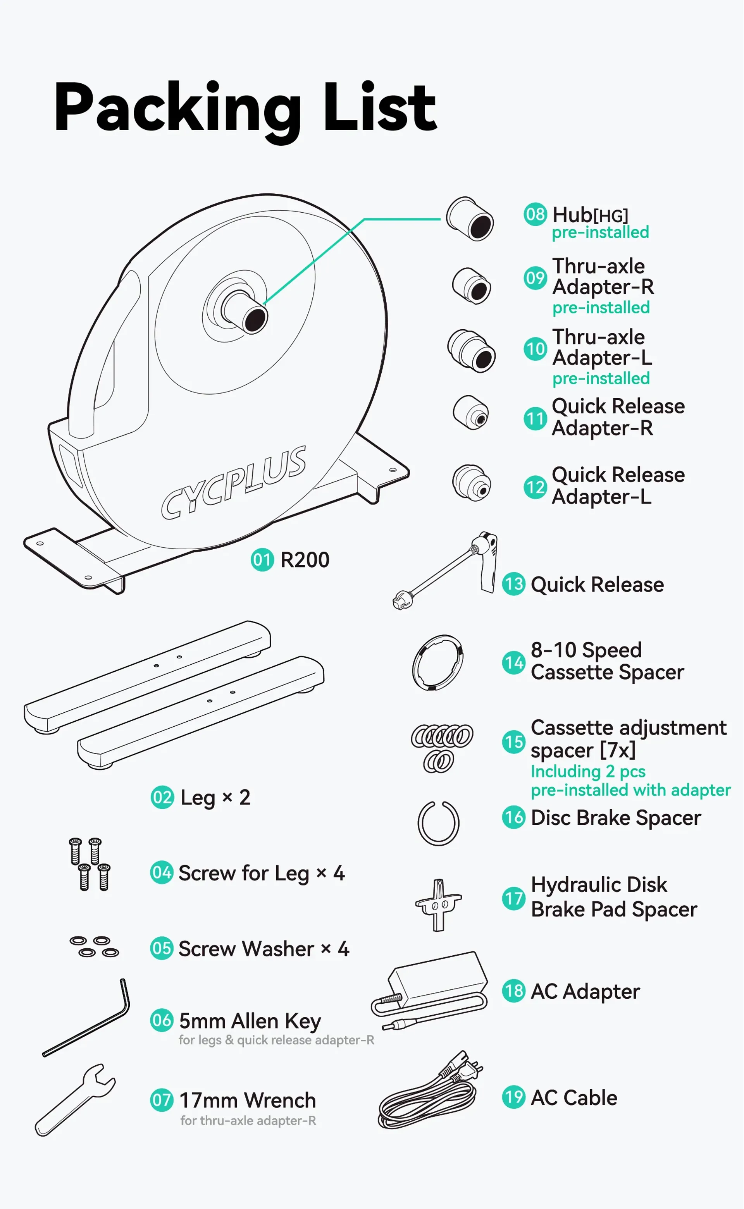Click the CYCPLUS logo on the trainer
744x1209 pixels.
[x=234, y=482]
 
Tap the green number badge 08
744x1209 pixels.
[x=535, y=215]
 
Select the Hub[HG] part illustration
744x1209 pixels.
[x=470, y=219]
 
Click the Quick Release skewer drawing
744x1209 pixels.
[x=445, y=571]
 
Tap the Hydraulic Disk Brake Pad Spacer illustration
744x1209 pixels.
[x=438, y=905]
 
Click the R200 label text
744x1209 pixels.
[x=305, y=560]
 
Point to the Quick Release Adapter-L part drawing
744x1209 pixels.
[x=472, y=483]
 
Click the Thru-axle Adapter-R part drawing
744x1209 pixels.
[x=472, y=286]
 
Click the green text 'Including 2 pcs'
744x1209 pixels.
[x=587, y=771]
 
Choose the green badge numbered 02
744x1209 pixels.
[x=162, y=797]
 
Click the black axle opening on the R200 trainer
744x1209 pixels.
[x=255, y=319]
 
